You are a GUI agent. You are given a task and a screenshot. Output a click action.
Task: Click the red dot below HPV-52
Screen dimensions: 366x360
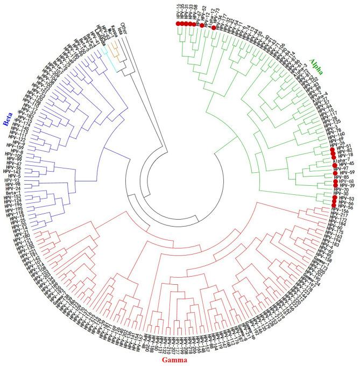point(202,25)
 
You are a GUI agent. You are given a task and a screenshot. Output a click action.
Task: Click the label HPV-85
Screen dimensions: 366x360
point(342,177)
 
